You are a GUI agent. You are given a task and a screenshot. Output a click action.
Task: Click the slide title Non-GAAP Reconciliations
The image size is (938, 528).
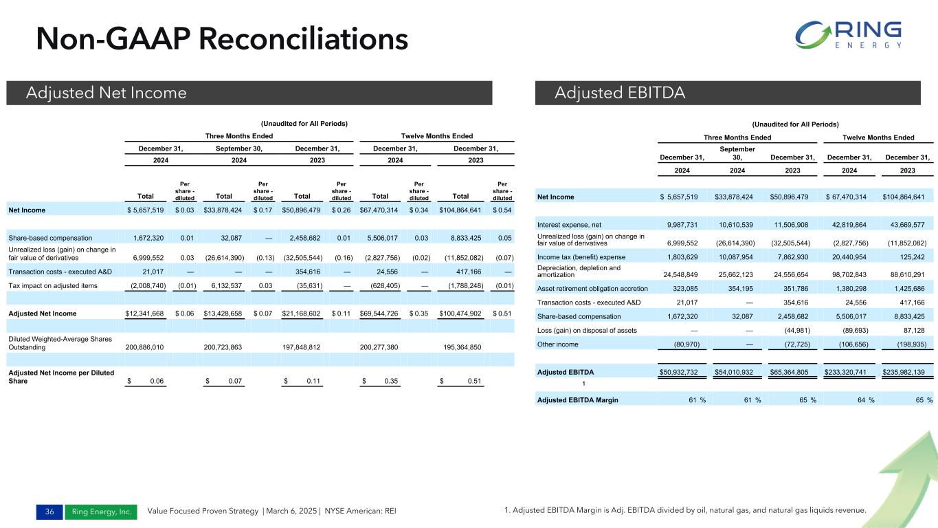point(222,38)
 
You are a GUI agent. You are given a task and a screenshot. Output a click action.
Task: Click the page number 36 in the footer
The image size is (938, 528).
point(49,511)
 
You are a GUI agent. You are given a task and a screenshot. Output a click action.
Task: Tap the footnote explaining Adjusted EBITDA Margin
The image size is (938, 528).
point(684,509)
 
